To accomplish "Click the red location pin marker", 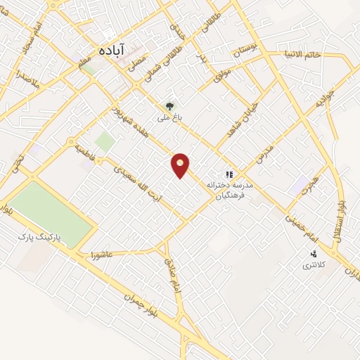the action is click(x=181, y=165).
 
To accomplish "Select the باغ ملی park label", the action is click(x=169, y=119).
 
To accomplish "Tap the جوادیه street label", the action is click(x=321, y=103).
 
